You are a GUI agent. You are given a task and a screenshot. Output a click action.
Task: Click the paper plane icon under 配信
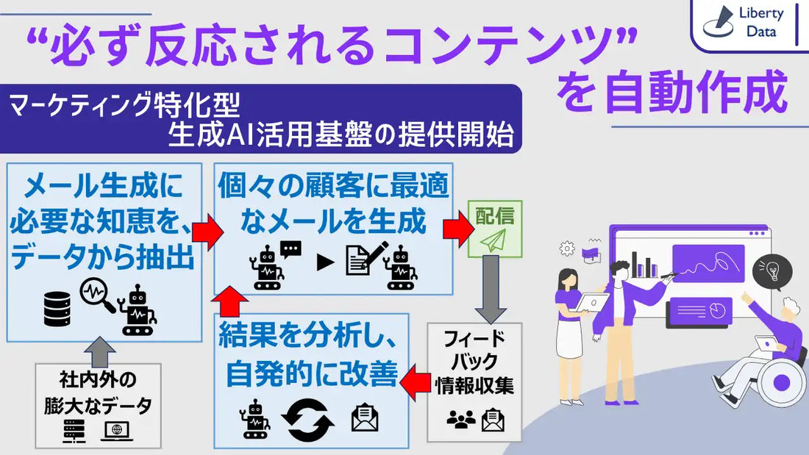click(495, 241)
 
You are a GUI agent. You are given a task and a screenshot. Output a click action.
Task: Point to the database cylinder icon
click(57, 308)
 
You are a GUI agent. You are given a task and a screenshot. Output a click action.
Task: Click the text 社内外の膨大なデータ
click(99, 393)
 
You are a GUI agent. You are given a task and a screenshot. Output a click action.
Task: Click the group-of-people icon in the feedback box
click(461, 420)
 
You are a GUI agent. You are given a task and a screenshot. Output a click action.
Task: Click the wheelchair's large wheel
click(781, 381)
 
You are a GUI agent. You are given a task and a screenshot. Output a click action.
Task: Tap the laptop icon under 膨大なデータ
click(117, 431)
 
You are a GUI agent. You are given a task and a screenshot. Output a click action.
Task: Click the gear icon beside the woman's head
click(567, 248)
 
